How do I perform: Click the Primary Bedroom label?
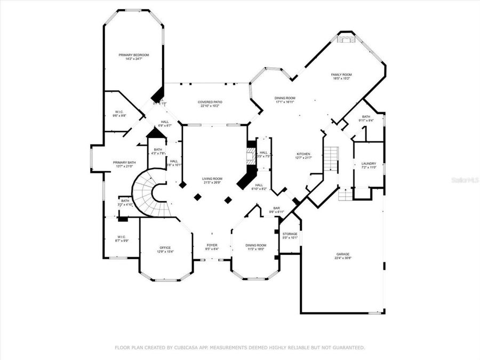[x=133, y=55]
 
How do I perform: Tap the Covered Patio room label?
[x=210, y=102]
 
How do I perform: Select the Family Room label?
[x=341, y=75]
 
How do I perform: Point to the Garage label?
[x=342, y=254]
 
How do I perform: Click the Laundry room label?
[x=369, y=164]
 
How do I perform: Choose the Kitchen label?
[x=303, y=154]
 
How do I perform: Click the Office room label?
[x=165, y=247]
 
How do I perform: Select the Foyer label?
[x=212, y=245]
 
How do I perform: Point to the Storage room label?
[x=290, y=234]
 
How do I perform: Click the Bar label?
[x=277, y=208]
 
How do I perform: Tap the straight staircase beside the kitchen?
[x=332, y=158]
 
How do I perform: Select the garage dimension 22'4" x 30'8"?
[x=342, y=258]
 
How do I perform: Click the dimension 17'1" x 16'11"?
[x=285, y=102]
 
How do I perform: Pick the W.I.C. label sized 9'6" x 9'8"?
[x=119, y=112]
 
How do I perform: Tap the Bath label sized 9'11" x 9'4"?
[x=365, y=116]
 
